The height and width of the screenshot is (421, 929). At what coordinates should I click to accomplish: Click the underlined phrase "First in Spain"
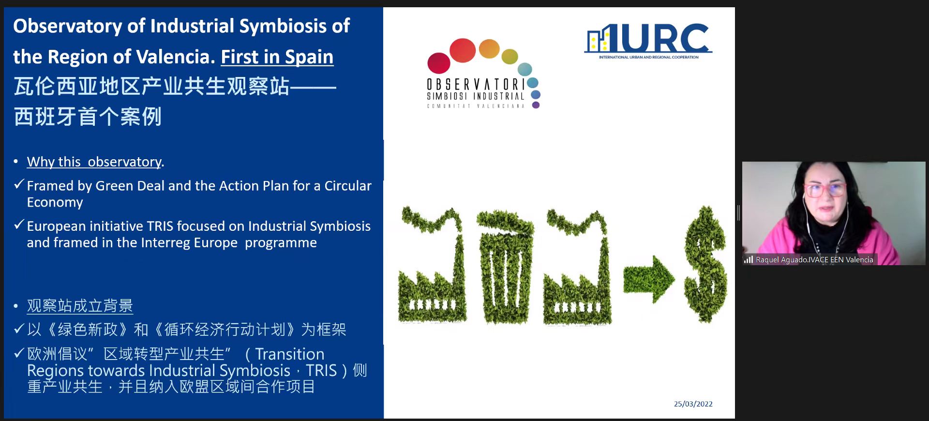point(277,57)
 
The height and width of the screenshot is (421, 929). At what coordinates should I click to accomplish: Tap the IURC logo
point(648,41)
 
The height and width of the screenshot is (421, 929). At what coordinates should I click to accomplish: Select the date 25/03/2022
point(693,404)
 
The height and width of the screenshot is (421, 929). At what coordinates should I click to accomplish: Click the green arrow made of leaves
point(648,279)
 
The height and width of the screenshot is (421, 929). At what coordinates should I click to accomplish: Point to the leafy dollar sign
point(705,264)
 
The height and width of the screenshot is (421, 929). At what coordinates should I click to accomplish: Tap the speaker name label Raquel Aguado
point(814,260)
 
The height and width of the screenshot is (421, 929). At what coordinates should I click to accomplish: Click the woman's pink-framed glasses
point(825,190)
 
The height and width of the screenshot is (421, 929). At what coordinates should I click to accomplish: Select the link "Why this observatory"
point(94,162)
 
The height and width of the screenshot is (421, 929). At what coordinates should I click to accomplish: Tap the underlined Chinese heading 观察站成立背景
point(80,306)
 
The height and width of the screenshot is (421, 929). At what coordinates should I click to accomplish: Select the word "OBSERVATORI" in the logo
point(476,85)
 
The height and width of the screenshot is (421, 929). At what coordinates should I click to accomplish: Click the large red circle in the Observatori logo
point(463,50)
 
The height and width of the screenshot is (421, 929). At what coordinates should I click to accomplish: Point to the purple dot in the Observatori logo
point(536,105)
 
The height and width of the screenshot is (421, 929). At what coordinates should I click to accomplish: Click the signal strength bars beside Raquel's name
point(749,260)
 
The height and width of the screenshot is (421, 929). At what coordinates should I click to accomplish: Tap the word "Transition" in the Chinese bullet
point(290,354)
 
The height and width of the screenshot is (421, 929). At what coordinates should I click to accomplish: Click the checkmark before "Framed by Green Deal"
point(19,184)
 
